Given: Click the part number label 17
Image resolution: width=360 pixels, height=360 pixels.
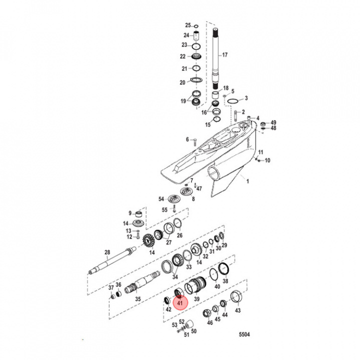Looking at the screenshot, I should pyautogui.click(x=224, y=55).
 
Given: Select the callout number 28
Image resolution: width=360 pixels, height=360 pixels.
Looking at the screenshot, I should pyautogui.click(x=106, y=252).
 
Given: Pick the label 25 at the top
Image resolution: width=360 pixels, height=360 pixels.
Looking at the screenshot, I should pyautogui.click(x=188, y=25).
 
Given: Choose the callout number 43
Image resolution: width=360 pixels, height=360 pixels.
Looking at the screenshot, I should pyautogui.click(x=237, y=310).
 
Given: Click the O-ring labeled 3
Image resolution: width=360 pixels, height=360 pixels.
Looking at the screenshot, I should pyautogui.click(x=232, y=101).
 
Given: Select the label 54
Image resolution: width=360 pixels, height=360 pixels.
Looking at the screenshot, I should pyautogui.click(x=161, y=198).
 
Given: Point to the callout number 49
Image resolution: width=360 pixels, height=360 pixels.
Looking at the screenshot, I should pyautogui.click(x=273, y=122).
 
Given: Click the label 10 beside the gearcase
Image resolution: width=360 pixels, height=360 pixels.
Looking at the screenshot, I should pyautogui.click(x=267, y=160).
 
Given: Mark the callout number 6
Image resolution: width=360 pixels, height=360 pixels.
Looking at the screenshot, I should pyautogui.click(x=188, y=139).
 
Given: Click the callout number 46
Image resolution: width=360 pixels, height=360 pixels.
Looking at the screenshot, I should pyautogui.click(x=210, y=323).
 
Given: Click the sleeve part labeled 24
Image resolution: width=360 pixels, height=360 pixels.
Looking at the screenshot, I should pyautogui.click(x=197, y=35).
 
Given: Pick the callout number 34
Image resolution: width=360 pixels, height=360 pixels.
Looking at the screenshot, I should pyautogui.click(x=175, y=276).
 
